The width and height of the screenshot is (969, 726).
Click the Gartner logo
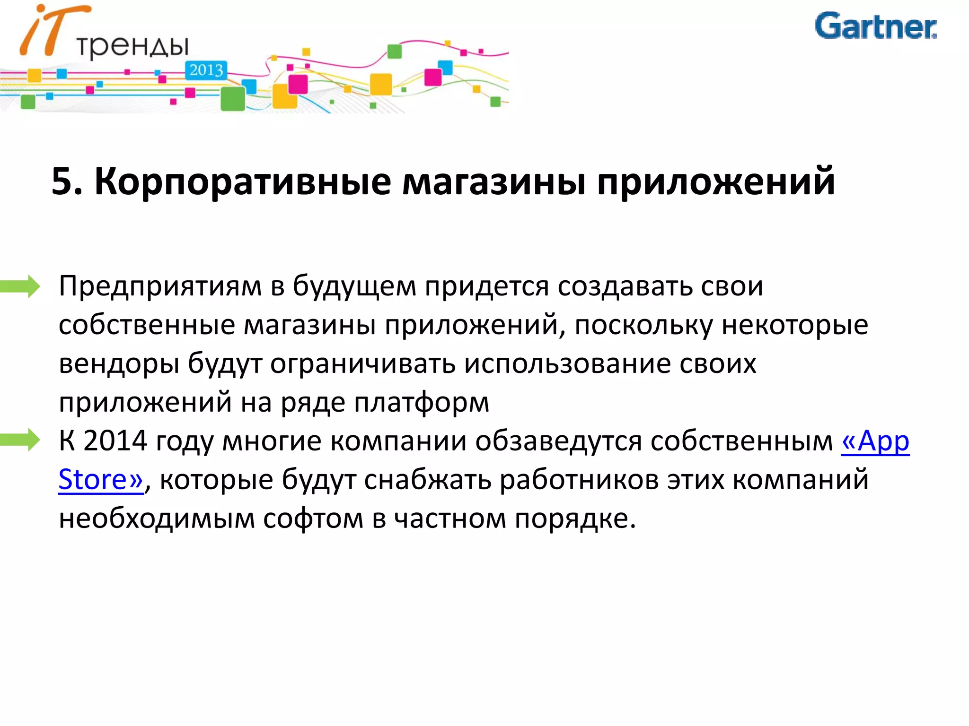[875, 26]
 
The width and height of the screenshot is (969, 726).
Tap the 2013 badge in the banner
[206, 70]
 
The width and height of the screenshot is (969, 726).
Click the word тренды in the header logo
[132, 46]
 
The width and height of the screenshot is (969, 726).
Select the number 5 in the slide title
[62, 181]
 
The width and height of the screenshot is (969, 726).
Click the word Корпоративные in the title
[243, 181]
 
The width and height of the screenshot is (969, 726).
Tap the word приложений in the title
[715, 181]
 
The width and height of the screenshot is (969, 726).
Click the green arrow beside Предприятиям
[21, 286]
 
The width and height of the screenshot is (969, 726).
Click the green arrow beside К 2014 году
[21, 440]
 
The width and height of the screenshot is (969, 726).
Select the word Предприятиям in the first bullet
[160, 286]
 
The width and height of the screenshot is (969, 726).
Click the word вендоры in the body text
[119, 364]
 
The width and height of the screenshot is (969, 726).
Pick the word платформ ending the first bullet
[422, 403]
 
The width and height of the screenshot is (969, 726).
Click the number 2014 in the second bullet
[115, 441]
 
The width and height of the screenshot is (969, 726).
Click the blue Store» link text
[100, 480]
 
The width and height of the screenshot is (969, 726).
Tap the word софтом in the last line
[313, 519]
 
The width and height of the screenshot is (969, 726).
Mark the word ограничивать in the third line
[362, 364]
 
